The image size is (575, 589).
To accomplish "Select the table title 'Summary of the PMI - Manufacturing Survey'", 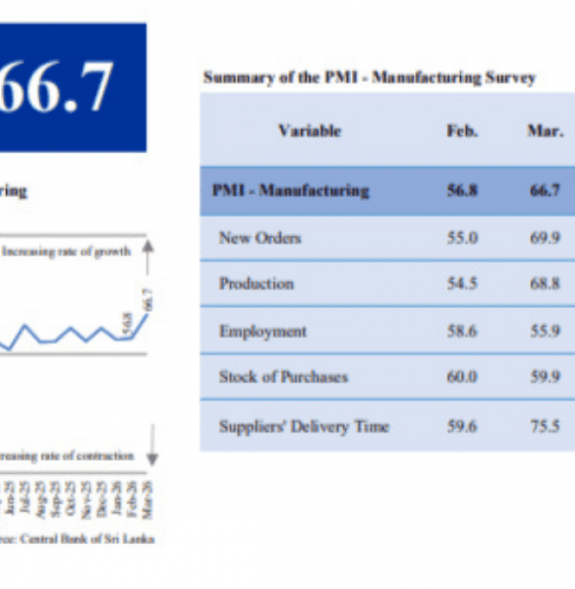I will [x=370, y=77].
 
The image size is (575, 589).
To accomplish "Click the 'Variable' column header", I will [x=309, y=131].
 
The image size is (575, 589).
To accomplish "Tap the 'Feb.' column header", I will [x=462, y=131].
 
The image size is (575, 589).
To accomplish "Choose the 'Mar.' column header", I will [x=544, y=131].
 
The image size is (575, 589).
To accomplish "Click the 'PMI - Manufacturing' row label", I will [x=291, y=191].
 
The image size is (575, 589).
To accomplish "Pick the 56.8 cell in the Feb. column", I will [x=462, y=191].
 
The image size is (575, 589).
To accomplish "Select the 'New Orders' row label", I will [x=260, y=237].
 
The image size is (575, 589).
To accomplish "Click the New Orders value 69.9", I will [x=545, y=237].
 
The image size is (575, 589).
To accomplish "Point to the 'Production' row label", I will [x=256, y=284].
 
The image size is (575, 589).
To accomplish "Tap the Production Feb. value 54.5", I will [x=462, y=284].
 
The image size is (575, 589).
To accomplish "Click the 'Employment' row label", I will [x=262, y=331].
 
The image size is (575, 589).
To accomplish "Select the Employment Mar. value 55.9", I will [x=545, y=331].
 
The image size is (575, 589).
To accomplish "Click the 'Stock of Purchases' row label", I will [x=284, y=377].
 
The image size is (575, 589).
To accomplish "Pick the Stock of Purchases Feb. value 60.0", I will [x=462, y=377].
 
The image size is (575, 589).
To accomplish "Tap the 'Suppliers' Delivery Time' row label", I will [x=304, y=426].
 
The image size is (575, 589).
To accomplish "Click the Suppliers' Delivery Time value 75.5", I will [x=545, y=426].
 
